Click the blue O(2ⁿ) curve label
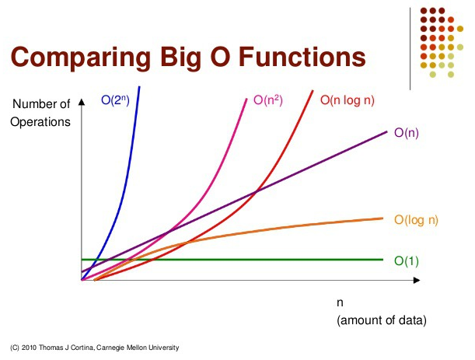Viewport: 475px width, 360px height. coord(114,100)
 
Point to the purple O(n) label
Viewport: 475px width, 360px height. coord(407,133)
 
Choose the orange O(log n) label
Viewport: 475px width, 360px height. coord(416,220)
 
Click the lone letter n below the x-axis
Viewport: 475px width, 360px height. coord(340,303)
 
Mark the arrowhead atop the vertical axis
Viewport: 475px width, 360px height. coord(81,100)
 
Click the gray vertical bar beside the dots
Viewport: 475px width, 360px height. coord(410,47)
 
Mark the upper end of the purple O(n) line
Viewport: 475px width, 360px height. coord(386,131)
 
